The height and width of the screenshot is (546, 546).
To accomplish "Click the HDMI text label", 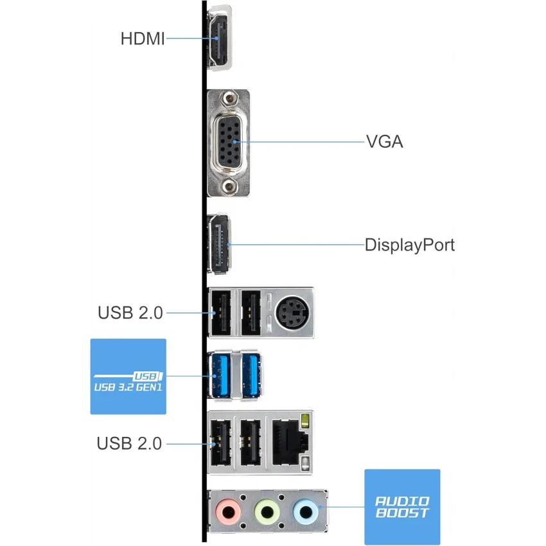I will (x=143, y=39).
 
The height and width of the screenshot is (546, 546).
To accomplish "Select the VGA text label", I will (x=384, y=141).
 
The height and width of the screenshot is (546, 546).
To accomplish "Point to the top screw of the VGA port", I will (x=229, y=99).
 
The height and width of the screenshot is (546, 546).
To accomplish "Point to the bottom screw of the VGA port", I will (x=229, y=186).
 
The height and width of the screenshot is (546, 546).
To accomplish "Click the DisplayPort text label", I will (x=410, y=245).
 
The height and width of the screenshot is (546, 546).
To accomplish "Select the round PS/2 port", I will (x=290, y=313).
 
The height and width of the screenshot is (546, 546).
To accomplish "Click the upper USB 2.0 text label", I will (x=130, y=313).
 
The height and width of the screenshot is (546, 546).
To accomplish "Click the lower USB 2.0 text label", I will (x=130, y=443).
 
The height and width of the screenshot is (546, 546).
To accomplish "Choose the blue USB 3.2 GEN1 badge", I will (x=127, y=376).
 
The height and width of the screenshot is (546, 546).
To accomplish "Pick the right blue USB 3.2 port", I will (x=250, y=377).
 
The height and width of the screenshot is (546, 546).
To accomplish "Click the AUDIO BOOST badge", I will (x=402, y=507).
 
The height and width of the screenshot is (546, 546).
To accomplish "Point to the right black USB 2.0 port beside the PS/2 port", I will (x=250, y=313).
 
